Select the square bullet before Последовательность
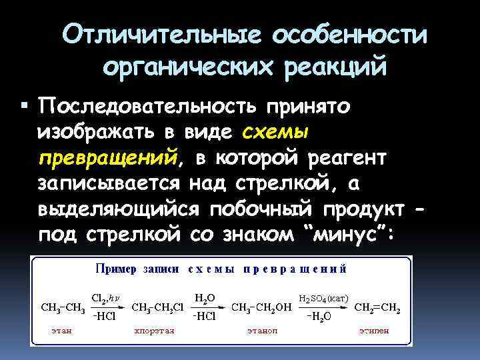25,106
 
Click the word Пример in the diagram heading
115,269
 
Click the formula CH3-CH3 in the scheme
62,308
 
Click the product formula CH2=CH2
377,308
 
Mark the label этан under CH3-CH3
62,330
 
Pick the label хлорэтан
154,330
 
